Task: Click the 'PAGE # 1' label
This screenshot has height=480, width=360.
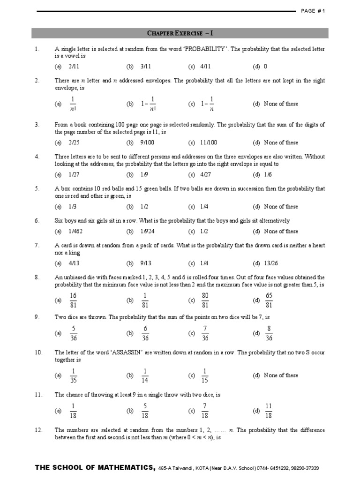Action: pos(313,11)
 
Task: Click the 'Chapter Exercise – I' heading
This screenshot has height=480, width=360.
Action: pos(180,33)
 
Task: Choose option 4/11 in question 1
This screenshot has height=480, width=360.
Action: pos(205,67)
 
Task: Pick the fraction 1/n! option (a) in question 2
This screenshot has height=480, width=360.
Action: pos(73,104)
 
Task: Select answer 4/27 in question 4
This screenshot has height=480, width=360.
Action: pos(205,174)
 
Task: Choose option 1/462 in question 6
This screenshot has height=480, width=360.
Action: pos(74,231)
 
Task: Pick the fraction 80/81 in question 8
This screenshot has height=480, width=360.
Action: pos(205,300)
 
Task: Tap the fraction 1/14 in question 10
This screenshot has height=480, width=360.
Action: pos(145,375)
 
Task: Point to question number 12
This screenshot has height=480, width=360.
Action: pos(38,430)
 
